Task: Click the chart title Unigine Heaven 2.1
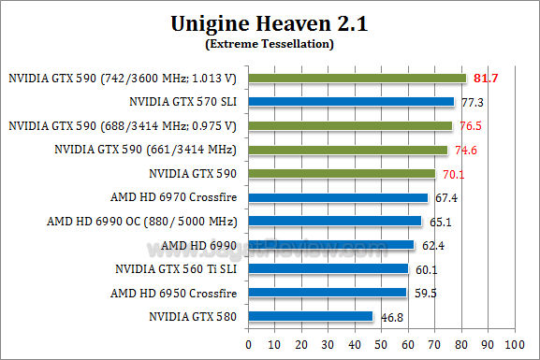[x=270, y=22]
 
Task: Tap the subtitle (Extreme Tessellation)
[x=270, y=43]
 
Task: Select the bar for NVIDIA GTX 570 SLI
[x=351, y=101]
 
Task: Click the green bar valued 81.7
[x=357, y=78]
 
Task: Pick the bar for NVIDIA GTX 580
[x=310, y=317]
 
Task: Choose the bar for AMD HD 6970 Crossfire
[x=338, y=197]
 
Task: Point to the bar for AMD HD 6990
[x=330, y=245]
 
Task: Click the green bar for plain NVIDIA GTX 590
[x=342, y=173]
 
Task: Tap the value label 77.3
[x=470, y=101]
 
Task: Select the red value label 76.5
[x=468, y=125]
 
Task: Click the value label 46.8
[x=389, y=318]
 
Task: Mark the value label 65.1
[x=437, y=222]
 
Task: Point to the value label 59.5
[x=422, y=294]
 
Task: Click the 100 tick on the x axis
[x=512, y=344]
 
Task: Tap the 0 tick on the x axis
[x=248, y=344]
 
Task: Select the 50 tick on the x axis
[x=380, y=344]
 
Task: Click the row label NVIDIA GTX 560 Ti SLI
[x=176, y=269]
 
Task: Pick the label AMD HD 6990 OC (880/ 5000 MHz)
[x=141, y=222]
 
